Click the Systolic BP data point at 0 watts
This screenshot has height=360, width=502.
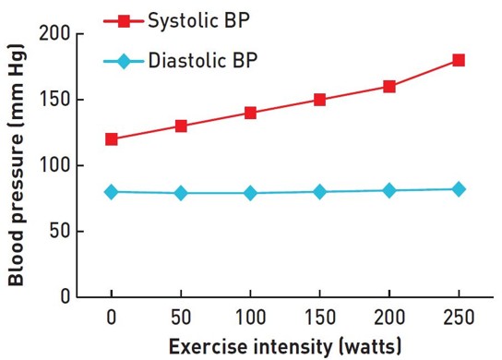(112, 139)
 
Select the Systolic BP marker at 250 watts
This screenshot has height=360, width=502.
(459, 60)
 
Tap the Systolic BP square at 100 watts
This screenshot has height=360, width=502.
(250, 113)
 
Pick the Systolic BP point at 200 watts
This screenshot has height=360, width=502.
(389, 87)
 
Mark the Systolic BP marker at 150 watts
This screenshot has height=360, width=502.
(319, 100)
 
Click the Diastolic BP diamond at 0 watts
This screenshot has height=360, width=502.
(112, 192)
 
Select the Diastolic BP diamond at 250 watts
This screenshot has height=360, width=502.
(459, 189)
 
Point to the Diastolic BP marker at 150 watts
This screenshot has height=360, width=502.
(319, 192)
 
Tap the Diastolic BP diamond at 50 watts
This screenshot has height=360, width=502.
(181, 193)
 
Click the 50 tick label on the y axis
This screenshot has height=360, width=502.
(58, 232)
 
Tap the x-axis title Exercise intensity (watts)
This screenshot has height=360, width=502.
(285, 347)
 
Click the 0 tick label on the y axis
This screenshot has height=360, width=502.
(64, 297)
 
